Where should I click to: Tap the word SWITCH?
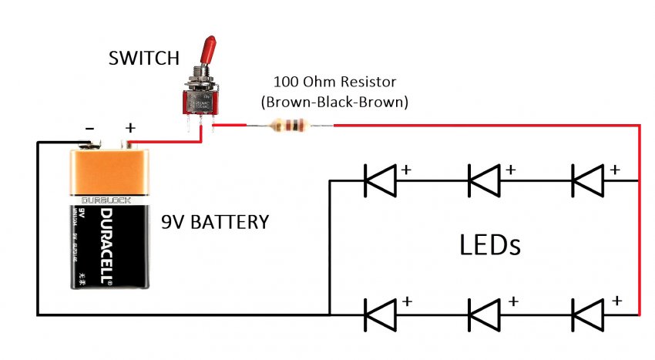(144, 59)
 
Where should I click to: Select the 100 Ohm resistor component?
(293, 126)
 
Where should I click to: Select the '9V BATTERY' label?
(215, 223)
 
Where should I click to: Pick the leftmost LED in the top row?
(379, 180)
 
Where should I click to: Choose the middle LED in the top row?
(485, 180)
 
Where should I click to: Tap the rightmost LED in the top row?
(588, 180)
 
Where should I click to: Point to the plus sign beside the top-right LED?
(614, 168)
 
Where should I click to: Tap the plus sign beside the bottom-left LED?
(406, 301)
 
